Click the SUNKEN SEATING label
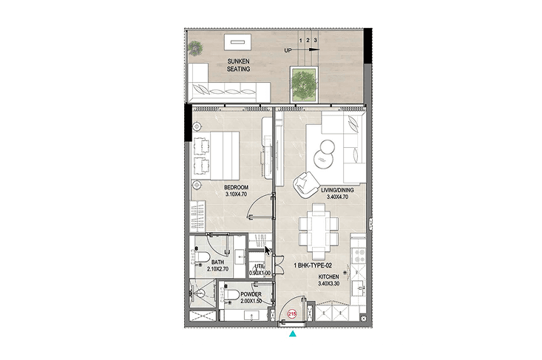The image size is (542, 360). point(238,65)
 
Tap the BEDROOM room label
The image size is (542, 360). point(236,187)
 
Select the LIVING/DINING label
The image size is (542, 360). point(337,190)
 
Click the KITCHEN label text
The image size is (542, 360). point(329,276)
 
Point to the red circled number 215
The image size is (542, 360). point(292,314)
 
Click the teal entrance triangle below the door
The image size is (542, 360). point(293,333)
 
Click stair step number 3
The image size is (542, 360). point(315,40)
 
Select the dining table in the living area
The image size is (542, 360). point(319,231)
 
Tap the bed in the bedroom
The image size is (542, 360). point(216,155)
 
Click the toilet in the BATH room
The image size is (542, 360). point(202,257)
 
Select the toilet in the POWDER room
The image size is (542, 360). point(231,295)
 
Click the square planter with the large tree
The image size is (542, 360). point(304,85)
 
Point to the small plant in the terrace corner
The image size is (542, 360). point(196,47)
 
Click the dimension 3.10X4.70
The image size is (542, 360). point(236,194)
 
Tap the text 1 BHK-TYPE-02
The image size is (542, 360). point(313,265)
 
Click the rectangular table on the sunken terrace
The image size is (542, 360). point(237,42)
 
